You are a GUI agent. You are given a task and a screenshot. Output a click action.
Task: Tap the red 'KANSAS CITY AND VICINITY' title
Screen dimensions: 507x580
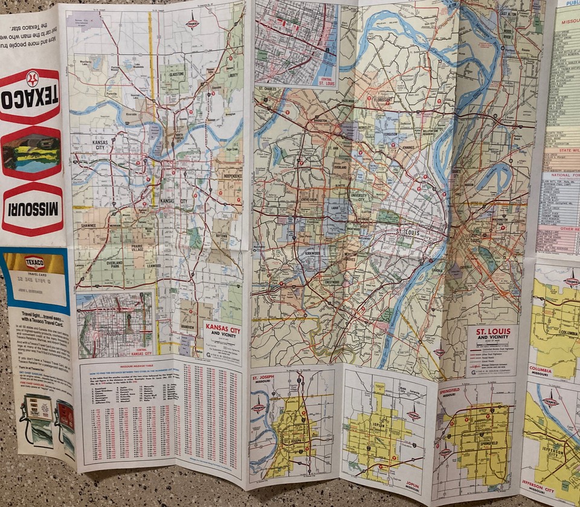pyautogui.click(x=223, y=331)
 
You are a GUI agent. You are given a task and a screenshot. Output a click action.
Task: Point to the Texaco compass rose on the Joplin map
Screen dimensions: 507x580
pyautogui.click(x=414, y=415)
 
